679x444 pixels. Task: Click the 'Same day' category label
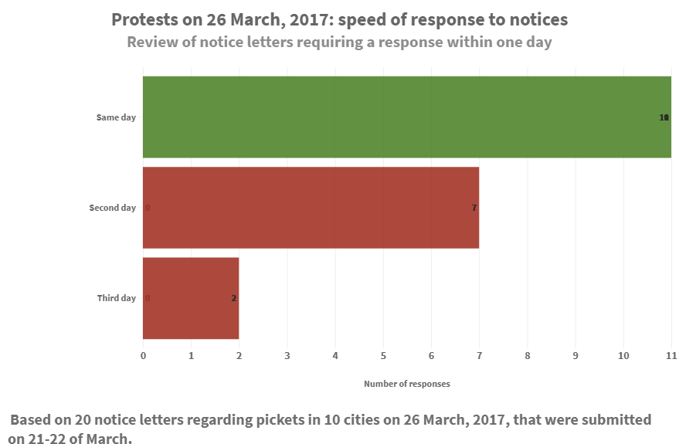point(116,117)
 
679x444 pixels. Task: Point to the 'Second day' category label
point(113,208)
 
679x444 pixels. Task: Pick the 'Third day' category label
point(116,298)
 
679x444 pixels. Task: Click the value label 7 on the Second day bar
point(474,208)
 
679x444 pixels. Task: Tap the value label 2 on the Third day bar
point(233,298)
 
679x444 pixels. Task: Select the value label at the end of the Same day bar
point(664,117)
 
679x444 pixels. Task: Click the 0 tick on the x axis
point(143,356)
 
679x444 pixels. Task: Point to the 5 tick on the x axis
point(383,356)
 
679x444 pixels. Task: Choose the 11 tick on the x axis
point(671,356)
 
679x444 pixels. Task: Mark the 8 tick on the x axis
point(528,356)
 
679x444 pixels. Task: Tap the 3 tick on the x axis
point(287,356)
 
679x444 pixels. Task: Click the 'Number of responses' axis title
point(406,384)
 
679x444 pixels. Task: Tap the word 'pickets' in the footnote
point(281,420)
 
